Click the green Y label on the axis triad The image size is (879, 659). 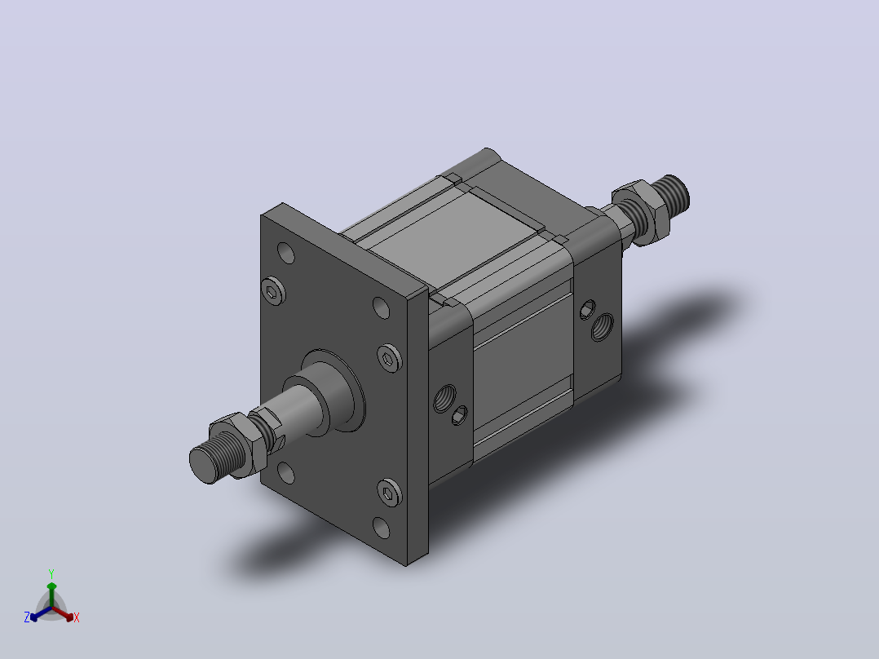point(51,573)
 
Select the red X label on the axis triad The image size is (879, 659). point(77,617)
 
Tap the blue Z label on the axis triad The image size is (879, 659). point(27,617)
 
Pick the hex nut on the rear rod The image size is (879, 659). point(641,211)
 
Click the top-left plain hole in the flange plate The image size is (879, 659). point(286,253)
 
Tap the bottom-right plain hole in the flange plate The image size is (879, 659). point(382,528)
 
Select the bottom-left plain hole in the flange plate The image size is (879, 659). point(286,473)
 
